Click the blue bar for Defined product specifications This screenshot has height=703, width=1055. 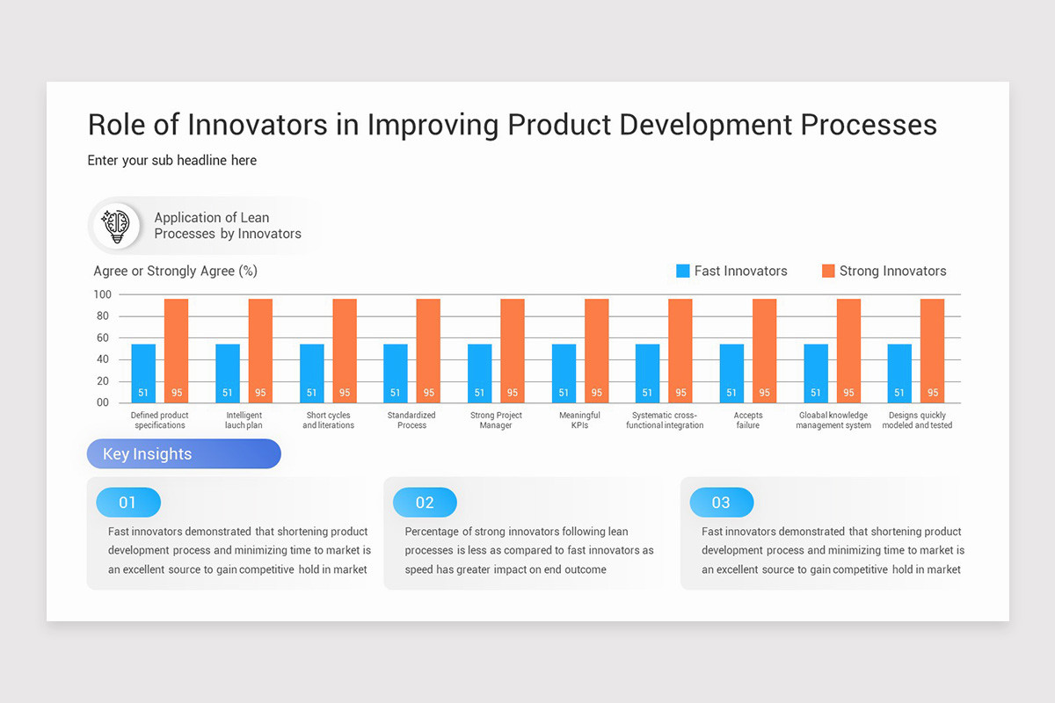coord(143,373)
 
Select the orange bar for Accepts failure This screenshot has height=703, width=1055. coord(764,351)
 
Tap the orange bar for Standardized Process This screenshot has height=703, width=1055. coord(428,351)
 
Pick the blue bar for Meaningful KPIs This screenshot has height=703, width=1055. coord(564,373)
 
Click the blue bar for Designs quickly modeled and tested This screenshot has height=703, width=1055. coord(899,373)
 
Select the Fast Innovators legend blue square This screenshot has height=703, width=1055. coord(683,271)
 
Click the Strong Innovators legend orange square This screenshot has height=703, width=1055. coord(828,271)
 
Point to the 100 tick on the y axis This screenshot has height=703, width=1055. coord(102,294)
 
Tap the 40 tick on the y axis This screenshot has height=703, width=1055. coord(103,359)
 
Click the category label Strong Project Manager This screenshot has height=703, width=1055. coord(496,420)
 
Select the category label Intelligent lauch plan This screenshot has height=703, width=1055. coord(244,420)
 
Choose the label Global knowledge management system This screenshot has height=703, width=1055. coord(833,420)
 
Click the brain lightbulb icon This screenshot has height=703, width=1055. coord(117,226)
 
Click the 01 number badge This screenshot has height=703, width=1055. coord(128,503)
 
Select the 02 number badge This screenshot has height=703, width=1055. coord(425,503)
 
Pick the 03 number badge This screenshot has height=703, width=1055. coord(721,503)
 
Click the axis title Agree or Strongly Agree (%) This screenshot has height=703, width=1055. coord(175,271)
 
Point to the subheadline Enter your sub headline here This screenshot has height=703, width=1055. coord(172,160)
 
